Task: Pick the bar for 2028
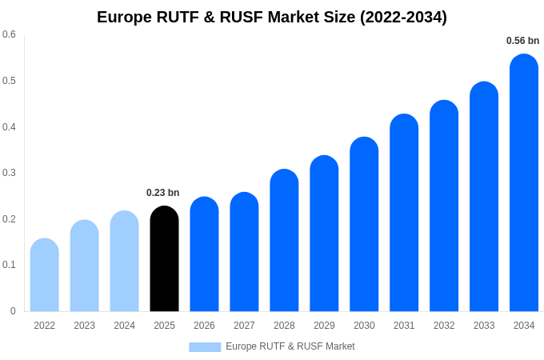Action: (284, 240)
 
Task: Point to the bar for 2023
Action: (85, 266)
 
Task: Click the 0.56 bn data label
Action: (522, 41)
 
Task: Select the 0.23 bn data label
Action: (162, 193)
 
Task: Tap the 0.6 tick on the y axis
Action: (9, 34)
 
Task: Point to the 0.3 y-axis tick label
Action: (9, 173)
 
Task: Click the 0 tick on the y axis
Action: (13, 311)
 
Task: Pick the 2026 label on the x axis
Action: (204, 326)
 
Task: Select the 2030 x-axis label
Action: (364, 326)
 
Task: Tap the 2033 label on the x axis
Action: (484, 326)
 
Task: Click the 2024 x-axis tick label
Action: (124, 326)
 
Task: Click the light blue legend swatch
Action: (205, 347)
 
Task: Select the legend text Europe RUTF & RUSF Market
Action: (290, 346)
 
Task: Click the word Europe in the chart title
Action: (123, 17)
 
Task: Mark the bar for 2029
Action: (324, 233)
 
